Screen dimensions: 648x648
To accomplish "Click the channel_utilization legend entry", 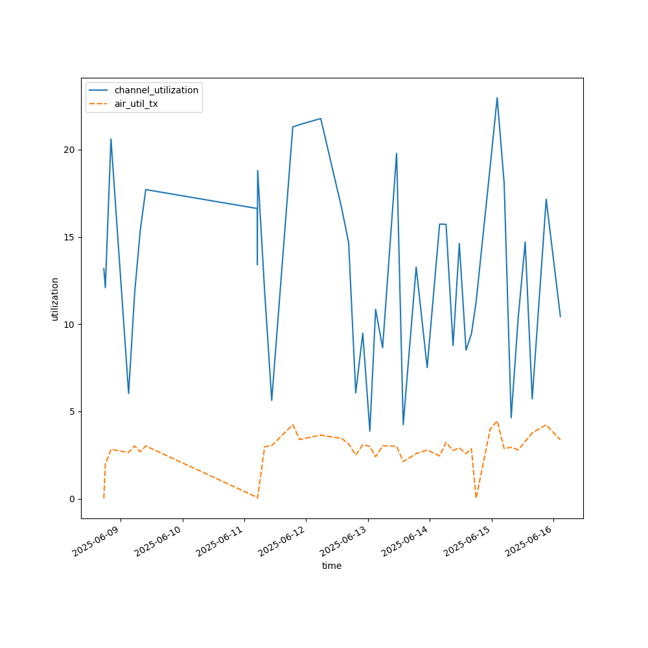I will pos(156,90).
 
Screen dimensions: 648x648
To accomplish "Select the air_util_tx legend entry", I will pos(136,104).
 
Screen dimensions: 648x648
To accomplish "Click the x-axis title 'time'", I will pos(332,566).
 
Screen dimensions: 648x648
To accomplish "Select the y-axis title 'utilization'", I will pos(55,299).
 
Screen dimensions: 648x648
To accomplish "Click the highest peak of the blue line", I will pos(497,98).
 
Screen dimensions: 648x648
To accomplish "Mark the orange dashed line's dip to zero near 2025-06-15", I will pos(476,497).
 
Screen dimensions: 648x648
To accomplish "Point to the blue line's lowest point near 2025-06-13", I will pos(370,431).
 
